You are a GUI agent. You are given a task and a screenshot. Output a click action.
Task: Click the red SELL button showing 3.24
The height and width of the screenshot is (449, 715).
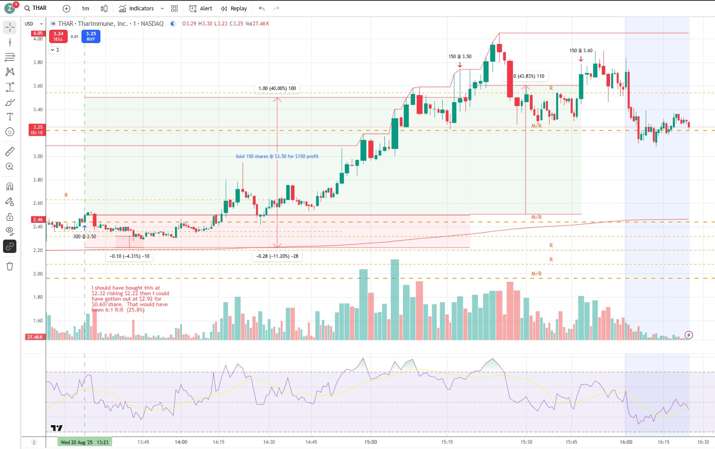pos(58,36)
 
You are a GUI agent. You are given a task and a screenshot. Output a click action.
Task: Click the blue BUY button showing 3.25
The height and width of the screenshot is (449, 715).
pos(91,36)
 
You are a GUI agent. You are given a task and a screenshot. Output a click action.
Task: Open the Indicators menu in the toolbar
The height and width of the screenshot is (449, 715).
pos(137,9)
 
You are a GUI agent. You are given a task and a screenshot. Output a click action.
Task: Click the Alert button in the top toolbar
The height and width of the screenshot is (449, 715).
pos(201,9)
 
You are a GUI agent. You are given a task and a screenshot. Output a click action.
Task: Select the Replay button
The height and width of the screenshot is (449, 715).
pos(234,9)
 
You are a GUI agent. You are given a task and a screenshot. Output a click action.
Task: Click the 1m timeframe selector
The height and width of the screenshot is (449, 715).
pos(85,9)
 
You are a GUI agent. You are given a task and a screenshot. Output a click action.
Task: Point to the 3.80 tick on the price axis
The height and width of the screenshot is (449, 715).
pos(38,62)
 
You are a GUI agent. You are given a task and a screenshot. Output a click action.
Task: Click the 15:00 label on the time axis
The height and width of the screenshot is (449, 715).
pos(371,442)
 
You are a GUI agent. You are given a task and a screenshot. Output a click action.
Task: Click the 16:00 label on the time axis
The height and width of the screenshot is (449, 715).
pos(626,442)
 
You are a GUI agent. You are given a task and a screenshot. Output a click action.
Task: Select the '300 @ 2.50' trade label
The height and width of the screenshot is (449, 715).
pos(84,237)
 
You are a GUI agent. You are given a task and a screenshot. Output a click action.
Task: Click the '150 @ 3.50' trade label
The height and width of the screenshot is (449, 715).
pos(460,56)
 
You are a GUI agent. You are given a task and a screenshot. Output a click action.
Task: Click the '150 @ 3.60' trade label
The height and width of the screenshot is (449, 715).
pos(581,51)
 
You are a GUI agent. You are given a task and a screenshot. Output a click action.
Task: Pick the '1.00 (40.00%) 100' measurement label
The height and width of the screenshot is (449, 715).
pos(277,88)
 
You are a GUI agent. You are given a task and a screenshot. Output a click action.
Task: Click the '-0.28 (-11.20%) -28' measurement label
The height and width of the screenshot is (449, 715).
pos(277,256)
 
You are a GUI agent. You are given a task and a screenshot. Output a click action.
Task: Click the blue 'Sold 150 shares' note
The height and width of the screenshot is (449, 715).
pos(277,156)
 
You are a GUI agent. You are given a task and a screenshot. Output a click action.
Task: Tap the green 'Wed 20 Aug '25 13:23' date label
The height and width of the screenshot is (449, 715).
pos(84,442)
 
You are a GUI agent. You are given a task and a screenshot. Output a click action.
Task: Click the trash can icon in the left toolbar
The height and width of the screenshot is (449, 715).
pos(9,266)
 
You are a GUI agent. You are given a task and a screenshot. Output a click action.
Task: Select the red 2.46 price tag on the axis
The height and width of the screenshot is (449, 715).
pos(38,219)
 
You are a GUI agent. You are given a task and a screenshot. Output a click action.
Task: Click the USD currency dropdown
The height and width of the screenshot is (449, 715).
pos(34,24)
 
